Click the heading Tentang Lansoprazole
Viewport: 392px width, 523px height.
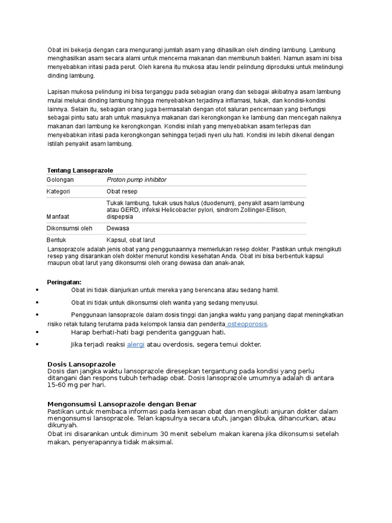pyautogui.click(x=80, y=170)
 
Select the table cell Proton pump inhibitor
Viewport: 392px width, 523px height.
pyautogui.click(x=136, y=180)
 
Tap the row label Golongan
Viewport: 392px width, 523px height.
pyautogui.click(x=60, y=180)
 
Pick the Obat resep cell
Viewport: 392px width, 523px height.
pyautogui.click(x=120, y=192)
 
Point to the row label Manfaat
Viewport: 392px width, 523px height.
pyautogui.click(x=58, y=217)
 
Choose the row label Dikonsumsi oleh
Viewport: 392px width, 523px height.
pyautogui.click(x=69, y=228)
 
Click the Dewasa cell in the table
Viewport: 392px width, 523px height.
pyautogui.click(x=118, y=228)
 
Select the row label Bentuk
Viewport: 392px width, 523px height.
pyautogui.click(x=57, y=240)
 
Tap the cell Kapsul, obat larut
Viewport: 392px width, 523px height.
pyautogui.click(x=131, y=240)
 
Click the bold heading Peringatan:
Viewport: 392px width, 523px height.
pyautogui.click(x=64, y=282)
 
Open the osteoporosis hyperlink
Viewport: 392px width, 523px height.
pyautogui.click(x=248, y=324)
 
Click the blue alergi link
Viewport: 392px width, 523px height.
pyautogui.click(x=136, y=345)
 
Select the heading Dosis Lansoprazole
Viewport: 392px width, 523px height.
pyautogui.click(x=81, y=364)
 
